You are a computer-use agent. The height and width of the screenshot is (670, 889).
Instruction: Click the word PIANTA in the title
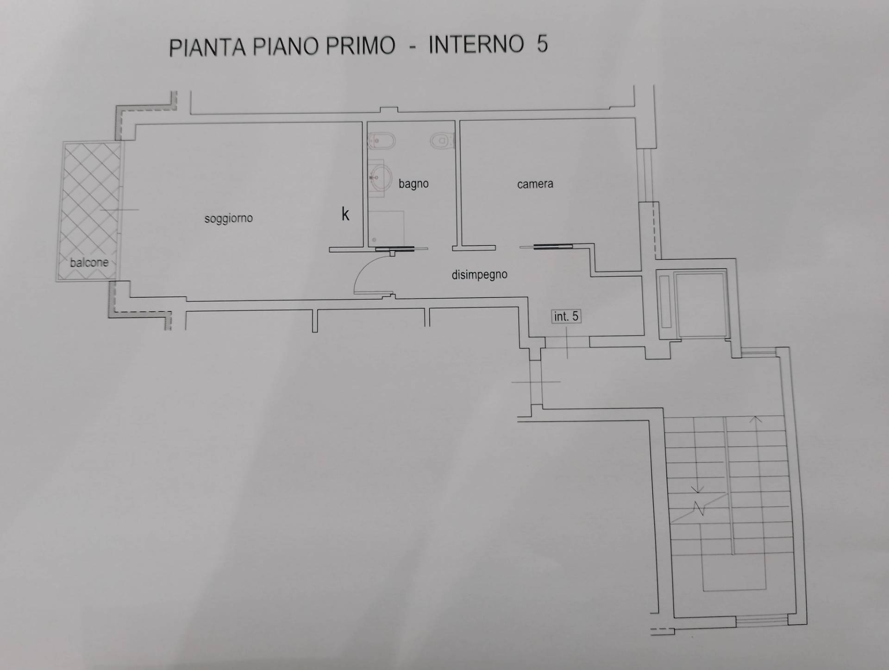tap(207, 47)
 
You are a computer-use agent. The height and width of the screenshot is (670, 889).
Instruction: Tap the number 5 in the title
tap(542, 44)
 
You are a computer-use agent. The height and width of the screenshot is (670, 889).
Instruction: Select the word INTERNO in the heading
tap(476, 45)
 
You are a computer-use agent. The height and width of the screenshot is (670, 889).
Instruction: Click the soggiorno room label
tap(228, 218)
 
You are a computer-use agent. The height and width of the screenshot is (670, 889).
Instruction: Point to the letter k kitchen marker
tap(345, 214)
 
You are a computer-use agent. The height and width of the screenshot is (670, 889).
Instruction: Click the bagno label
tap(413, 183)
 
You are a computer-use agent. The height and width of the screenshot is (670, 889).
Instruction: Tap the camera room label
tap(535, 184)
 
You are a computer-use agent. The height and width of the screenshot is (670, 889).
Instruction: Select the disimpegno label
tap(479, 275)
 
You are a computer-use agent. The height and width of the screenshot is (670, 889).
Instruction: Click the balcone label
tap(89, 262)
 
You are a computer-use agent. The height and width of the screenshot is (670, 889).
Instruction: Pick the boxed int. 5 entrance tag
tap(566, 316)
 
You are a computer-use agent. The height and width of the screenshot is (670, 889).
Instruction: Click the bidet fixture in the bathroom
tap(382, 139)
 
